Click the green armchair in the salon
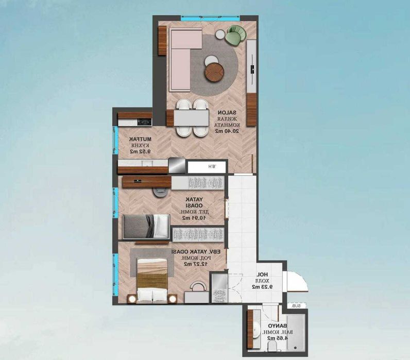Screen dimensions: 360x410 click(235, 35)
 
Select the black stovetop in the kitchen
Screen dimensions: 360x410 click(144, 122)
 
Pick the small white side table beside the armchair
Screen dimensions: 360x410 click(220, 34)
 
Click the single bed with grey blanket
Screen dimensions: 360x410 click(146, 226)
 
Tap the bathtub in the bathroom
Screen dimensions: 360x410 click(297, 335)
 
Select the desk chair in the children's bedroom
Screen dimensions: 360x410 click(159, 191)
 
